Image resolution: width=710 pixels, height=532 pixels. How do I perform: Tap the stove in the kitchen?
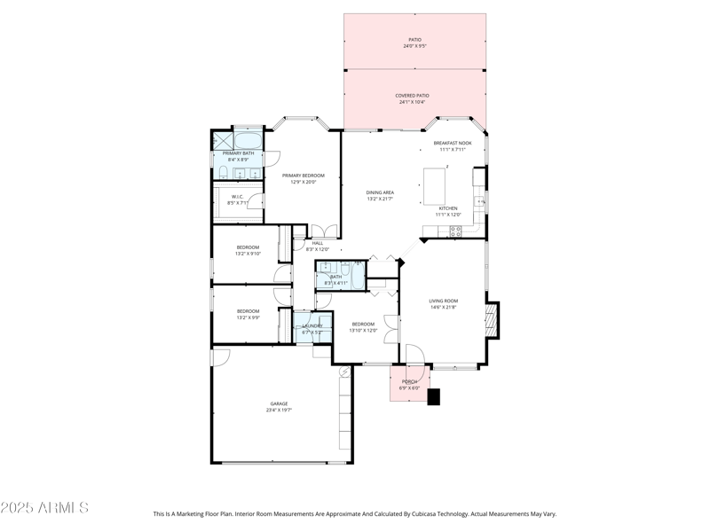point(455,231)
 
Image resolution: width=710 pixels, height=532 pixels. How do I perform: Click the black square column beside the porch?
point(433,397)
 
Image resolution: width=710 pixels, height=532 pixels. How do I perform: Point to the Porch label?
point(410,381)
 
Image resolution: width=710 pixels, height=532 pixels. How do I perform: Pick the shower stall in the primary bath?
point(221,140)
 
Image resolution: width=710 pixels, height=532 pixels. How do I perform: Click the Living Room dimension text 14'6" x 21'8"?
point(443,308)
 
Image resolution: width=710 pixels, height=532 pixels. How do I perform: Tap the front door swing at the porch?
point(414,355)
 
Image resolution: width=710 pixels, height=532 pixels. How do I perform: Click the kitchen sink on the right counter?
point(481,201)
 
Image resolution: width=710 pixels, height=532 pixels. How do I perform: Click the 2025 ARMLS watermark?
point(44,508)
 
